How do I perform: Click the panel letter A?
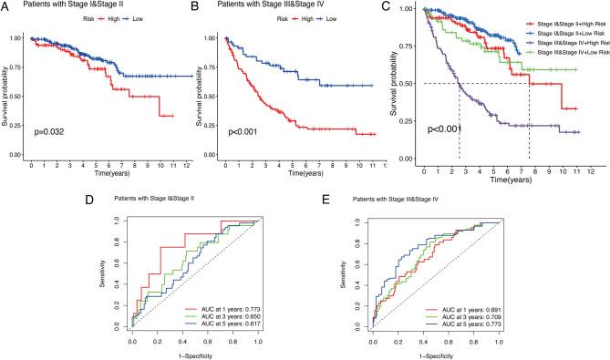pos(5,6)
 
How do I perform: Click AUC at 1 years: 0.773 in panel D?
pos(239,311)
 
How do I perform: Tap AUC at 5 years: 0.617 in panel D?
pos(239,329)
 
